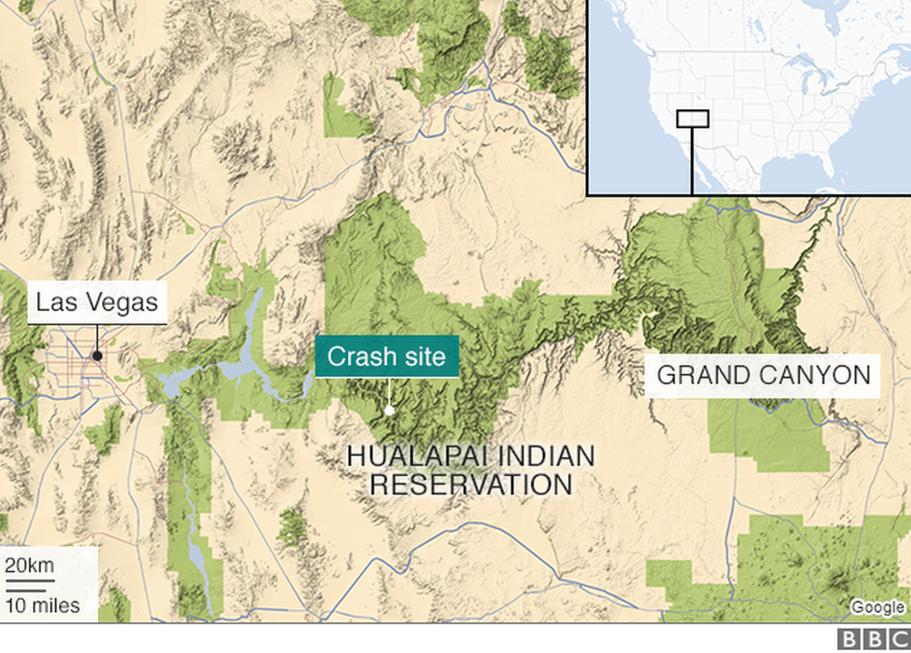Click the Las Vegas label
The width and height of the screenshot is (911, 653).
[97, 302]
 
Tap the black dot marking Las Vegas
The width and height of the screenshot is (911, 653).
[97, 355]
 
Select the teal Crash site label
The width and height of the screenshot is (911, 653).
[386, 356]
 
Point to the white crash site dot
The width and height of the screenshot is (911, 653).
[389, 409]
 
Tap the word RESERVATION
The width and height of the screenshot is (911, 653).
[471, 485]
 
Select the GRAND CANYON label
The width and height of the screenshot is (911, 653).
[764, 375]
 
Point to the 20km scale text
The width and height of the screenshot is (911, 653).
[30, 565]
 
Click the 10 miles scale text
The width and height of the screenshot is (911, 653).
[43, 605]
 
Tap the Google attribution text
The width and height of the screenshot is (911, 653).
[877, 607]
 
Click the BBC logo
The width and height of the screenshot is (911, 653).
[873, 639]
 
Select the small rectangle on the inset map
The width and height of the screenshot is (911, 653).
[693, 118]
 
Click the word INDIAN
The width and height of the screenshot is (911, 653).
[550, 457]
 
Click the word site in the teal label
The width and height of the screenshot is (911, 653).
[425, 356]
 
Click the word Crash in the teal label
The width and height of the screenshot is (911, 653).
[359, 356]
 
